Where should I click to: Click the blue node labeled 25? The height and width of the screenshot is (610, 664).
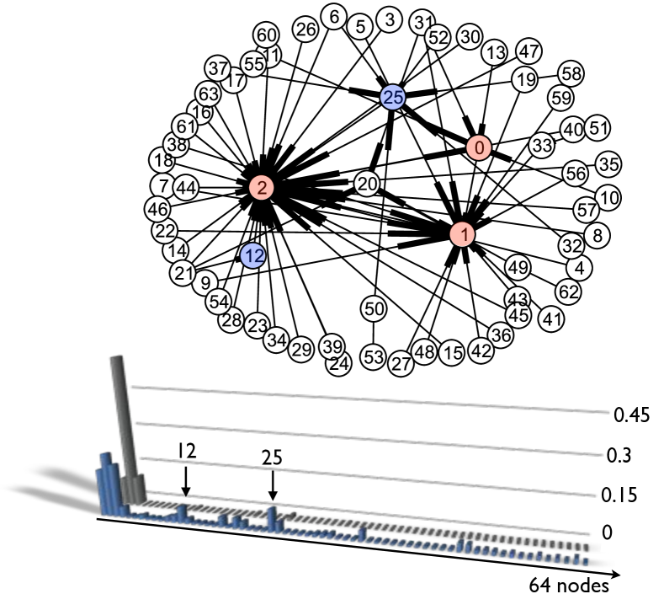[x=393, y=98]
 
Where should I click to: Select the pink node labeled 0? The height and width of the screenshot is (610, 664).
[x=479, y=148]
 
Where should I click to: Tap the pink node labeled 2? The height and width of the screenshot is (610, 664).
[x=263, y=187]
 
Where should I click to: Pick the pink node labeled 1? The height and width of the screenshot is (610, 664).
[x=462, y=234]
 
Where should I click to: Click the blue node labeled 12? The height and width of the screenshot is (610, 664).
[x=252, y=255]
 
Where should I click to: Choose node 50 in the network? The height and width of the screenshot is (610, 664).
[x=374, y=309]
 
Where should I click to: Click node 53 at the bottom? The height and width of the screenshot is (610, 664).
[x=373, y=357]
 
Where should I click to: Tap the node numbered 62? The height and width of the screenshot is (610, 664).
[x=569, y=292]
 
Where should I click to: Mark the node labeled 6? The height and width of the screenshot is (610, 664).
[x=335, y=17]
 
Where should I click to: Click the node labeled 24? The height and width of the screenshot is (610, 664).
[x=339, y=365]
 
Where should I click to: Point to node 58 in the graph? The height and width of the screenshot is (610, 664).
[x=571, y=73]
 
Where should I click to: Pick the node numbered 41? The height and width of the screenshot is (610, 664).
[x=552, y=320]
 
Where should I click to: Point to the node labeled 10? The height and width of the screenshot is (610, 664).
[x=608, y=198]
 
